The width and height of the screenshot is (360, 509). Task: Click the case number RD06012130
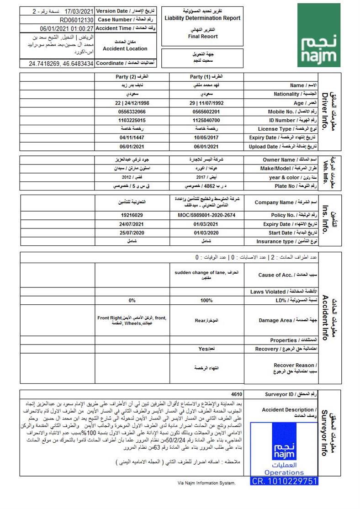pyautogui.click(x=77, y=20)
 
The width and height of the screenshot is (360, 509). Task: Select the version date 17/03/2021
pyautogui.click(x=79, y=11)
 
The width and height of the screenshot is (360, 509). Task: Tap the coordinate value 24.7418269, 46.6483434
pyautogui.click(x=61, y=64)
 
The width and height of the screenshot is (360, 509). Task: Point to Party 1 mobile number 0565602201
pyautogui.click(x=206, y=111)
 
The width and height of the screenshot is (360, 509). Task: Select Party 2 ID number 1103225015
pyautogui.click(x=132, y=120)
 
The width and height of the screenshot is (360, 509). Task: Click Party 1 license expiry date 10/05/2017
pyautogui.click(x=206, y=138)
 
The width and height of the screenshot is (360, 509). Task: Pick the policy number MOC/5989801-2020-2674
pyautogui.click(x=206, y=215)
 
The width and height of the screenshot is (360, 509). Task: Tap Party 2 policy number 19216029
pyautogui.click(x=132, y=215)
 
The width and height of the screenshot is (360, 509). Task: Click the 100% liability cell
pyautogui.click(x=206, y=301)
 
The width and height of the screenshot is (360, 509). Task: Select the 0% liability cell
pyautogui.click(x=132, y=301)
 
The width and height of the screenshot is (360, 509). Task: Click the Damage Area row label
pyautogui.click(x=281, y=320)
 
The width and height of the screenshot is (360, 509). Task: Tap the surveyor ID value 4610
pyautogui.click(x=237, y=394)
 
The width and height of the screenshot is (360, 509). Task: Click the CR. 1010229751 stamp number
pyautogui.click(x=284, y=481)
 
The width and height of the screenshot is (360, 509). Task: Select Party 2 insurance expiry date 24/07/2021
pyautogui.click(x=132, y=224)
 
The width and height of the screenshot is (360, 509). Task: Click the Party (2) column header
pyautogui.click(x=132, y=77)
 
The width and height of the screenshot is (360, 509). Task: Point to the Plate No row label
pyautogui.click(x=286, y=186)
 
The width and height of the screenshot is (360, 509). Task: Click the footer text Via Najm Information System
pyautogui.click(x=206, y=482)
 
